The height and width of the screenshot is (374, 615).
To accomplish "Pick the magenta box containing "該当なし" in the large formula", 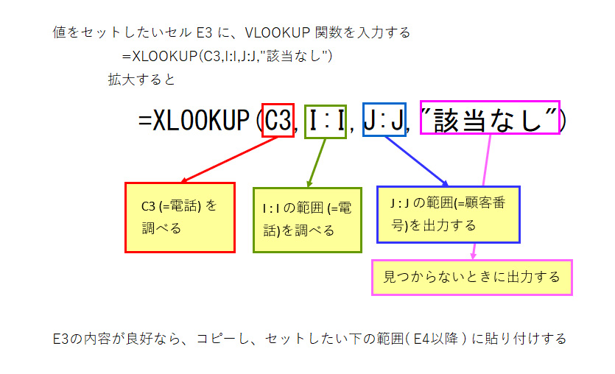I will tap(489, 118).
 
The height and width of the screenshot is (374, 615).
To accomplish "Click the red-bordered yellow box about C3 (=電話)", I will tap(180, 217).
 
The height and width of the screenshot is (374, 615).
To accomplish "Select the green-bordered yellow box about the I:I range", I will tap(308, 219).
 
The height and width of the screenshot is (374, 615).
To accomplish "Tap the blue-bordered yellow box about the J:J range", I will tap(448, 214).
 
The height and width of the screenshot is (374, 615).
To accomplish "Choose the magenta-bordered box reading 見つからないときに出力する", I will tap(471, 277).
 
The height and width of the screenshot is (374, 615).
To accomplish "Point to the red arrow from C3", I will tap(228, 159).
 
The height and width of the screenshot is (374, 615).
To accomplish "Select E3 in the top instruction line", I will tap(204, 32).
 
